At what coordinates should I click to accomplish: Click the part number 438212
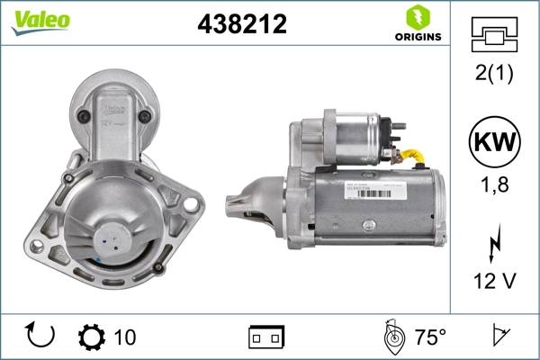coord(241,24)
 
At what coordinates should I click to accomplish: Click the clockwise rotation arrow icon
coord(41,336)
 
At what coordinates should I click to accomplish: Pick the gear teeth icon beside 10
coord(91,337)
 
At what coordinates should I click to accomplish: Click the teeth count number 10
coord(125,337)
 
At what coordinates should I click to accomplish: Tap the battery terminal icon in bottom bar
coord(266,337)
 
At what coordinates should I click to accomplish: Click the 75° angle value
coord(429,337)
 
